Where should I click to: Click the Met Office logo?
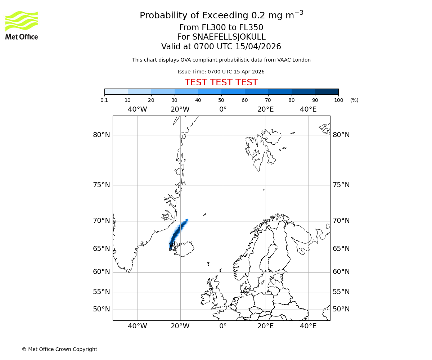tap(22, 25)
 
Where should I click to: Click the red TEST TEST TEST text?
tap(221, 83)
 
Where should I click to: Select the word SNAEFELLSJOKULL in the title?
tap(229, 37)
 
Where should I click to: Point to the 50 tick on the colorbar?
tap(221, 100)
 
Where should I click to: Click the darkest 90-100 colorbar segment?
tap(327, 91)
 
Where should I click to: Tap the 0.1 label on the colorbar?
tap(104, 100)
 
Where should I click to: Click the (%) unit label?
tap(354, 100)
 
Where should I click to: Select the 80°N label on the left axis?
tap(101, 135)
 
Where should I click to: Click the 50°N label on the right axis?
tap(341, 309)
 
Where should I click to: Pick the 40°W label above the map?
tap(137, 109)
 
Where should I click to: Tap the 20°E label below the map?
tap(266, 326)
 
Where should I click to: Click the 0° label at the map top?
tap(223, 109)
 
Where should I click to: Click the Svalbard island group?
tap(261, 151)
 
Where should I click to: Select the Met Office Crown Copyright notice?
tap(59, 349)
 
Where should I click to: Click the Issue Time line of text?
tap(221, 72)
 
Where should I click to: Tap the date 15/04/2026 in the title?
tap(258, 47)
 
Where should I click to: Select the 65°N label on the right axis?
tap(341, 249)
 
